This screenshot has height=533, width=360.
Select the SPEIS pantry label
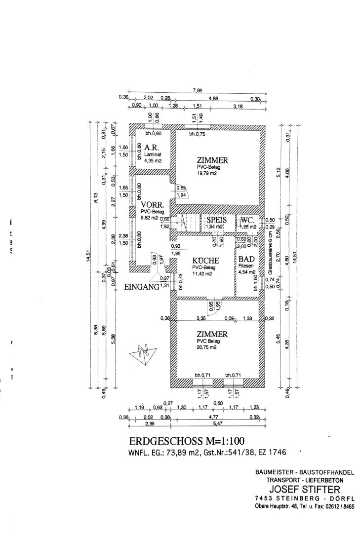pyautogui.click(x=216, y=220)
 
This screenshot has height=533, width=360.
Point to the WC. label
pyautogui.click(x=247, y=220)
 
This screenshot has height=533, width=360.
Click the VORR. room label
pyautogui.click(x=151, y=205)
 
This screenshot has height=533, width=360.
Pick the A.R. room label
pyautogui.click(x=151, y=147)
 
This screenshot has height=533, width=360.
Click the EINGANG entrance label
pyautogui.click(x=141, y=287)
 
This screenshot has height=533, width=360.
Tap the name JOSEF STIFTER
pyautogui.click(x=305, y=490)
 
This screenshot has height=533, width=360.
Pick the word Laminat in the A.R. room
pyautogui.click(x=152, y=154)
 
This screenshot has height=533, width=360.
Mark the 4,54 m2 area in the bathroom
pyautogui.click(x=247, y=272)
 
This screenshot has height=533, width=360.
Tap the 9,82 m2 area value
pyautogui.click(x=149, y=217)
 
